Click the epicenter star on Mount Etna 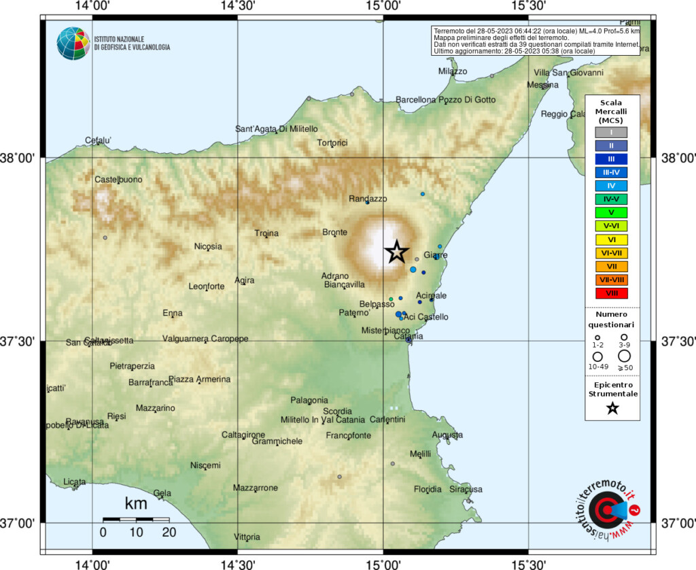397,252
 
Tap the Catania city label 408,337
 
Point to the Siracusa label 466,489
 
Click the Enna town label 173,313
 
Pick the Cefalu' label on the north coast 98,141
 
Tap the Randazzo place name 368,199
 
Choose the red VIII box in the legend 612,293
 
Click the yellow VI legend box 612,239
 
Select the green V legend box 612,212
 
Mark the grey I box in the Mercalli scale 612,132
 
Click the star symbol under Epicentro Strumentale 612,408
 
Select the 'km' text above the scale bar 136,505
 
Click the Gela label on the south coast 162,493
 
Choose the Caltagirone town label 243,435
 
